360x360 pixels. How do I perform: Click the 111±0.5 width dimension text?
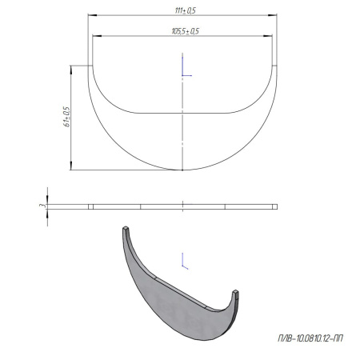tap(185, 10)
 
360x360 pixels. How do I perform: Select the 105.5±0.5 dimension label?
tap(185, 30)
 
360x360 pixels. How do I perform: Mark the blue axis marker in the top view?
tap(186, 67)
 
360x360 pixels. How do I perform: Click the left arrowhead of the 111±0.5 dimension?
tap(90, 15)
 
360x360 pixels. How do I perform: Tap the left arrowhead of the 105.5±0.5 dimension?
tap(94, 36)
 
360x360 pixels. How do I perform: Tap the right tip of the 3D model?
tap(238, 288)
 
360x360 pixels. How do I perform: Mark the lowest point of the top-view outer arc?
tap(184, 170)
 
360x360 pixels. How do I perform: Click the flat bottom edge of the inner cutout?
tap(184, 112)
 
